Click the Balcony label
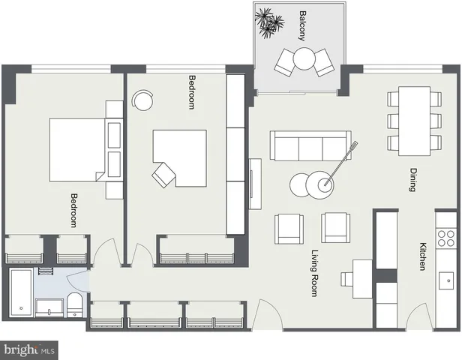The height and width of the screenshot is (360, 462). [x=302, y=25]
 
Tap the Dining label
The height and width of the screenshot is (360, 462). [x=412, y=179]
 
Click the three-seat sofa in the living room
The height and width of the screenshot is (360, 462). [x=310, y=145]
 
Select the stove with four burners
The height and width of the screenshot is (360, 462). [x=446, y=238]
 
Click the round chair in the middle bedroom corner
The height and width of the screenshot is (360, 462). [x=142, y=99]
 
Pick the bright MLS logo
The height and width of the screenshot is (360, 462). [x=30, y=349]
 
